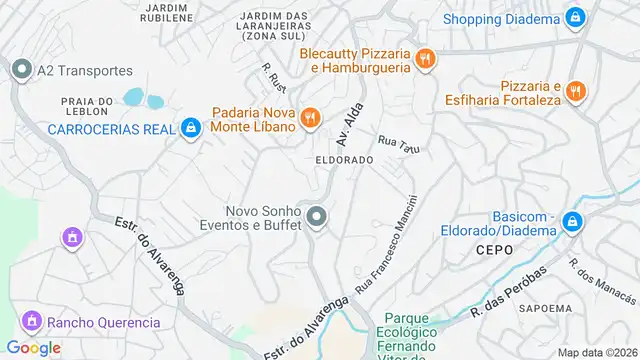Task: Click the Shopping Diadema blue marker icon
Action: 574,18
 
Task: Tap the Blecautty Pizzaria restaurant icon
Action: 426,59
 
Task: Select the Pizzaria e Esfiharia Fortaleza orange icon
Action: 575,92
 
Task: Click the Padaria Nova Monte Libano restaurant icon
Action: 311,118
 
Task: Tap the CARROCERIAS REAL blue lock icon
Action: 190,128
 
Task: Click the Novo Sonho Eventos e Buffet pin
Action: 317,217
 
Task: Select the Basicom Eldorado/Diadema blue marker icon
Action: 571,222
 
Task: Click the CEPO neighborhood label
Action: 494,249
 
